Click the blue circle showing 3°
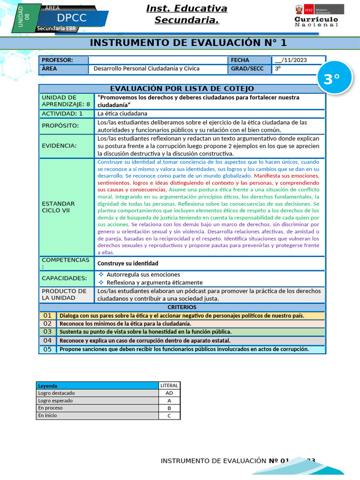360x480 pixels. click(331, 79)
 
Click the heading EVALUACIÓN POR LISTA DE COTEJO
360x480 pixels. click(182, 89)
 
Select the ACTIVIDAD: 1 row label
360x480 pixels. click(62, 113)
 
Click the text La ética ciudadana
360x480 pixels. click(122, 113)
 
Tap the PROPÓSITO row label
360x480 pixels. click(60, 126)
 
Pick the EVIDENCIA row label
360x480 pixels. click(59, 146)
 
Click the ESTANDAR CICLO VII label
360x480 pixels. click(59, 207)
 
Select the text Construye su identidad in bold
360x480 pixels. click(128, 263)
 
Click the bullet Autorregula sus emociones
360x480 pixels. click(143, 274)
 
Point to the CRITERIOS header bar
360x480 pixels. click(182, 307)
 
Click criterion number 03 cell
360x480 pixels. click(47, 332)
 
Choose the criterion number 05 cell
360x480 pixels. click(47, 349)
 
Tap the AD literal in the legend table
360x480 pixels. click(169, 393)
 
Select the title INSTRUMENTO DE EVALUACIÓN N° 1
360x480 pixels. click(187, 43)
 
